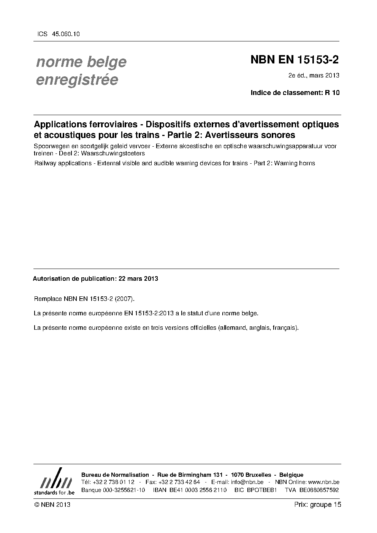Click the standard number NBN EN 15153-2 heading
(x=295, y=60)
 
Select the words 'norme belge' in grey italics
(x=81, y=62)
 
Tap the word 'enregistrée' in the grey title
(x=77, y=80)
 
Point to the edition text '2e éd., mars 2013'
(x=314, y=75)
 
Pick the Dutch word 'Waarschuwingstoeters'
(x=113, y=153)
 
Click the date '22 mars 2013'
(x=138, y=278)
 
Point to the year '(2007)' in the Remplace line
(x=124, y=299)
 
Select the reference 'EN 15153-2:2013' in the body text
(x=149, y=313)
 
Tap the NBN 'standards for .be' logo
(x=54, y=482)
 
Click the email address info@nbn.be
(x=247, y=482)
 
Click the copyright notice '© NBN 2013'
(x=52, y=505)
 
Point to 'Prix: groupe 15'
(x=318, y=505)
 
